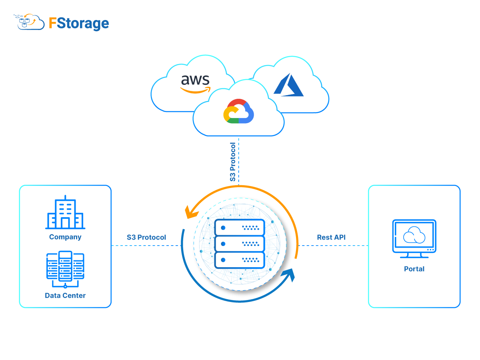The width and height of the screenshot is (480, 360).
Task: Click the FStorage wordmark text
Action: [79, 23]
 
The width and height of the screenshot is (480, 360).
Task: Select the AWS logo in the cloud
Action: [195, 83]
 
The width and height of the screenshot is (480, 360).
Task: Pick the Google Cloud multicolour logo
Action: [238, 111]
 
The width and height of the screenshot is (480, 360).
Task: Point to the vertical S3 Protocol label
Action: [233, 162]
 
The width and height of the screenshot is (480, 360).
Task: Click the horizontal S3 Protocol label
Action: [146, 237]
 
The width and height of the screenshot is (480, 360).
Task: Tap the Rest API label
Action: [331, 237]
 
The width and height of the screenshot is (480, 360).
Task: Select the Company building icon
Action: [65, 213]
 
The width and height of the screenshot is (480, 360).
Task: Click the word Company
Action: [65, 237]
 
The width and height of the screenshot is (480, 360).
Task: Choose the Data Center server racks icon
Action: [65, 267]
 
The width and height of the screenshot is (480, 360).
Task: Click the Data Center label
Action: [65, 296]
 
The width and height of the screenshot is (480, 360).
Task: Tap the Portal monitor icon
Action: [414, 238]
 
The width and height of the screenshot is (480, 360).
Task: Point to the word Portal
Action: [414, 269]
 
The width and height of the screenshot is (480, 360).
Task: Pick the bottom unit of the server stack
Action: [240, 260]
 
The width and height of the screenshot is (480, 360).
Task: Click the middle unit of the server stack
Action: [240, 244]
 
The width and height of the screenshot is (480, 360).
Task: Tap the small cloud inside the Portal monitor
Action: [414, 236]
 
